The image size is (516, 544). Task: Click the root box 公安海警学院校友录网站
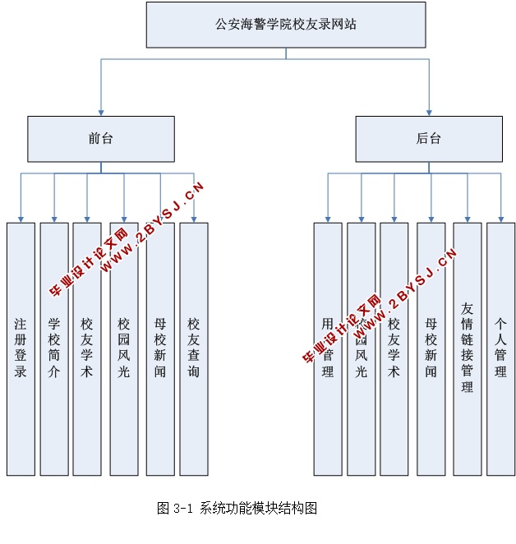(x=286, y=25)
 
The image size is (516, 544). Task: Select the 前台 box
(x=101, y=139)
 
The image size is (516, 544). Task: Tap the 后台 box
(x=429, y=139)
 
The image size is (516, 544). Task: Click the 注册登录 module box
(x=21, y=348)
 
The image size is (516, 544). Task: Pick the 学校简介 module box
(x=54, y=348)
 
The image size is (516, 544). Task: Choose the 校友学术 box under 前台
(x=87, y=348)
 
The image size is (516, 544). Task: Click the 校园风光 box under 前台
(x=124, y=348)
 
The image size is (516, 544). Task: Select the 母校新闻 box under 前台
(x=160, y=348)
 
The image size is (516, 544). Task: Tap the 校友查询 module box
(x=194, y=348)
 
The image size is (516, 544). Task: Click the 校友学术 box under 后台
(x=394, y=348)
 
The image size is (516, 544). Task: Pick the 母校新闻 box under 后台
(x=431, y=348)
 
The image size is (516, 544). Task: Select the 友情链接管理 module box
(x=468, y=348)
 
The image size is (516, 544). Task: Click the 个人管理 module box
(x=500, y=348)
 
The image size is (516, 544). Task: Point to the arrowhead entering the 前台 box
(x=101, y=112)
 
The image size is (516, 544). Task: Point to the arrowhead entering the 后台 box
(x=429, y=112)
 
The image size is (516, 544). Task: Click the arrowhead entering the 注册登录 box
(x=21, y=219)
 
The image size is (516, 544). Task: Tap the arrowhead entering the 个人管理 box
(x=500, y=219)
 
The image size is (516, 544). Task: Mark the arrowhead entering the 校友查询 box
(x=194, y=219)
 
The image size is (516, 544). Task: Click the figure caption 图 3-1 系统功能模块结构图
(x=237, y=508)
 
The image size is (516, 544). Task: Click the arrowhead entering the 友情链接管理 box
(x=468, y=219)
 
